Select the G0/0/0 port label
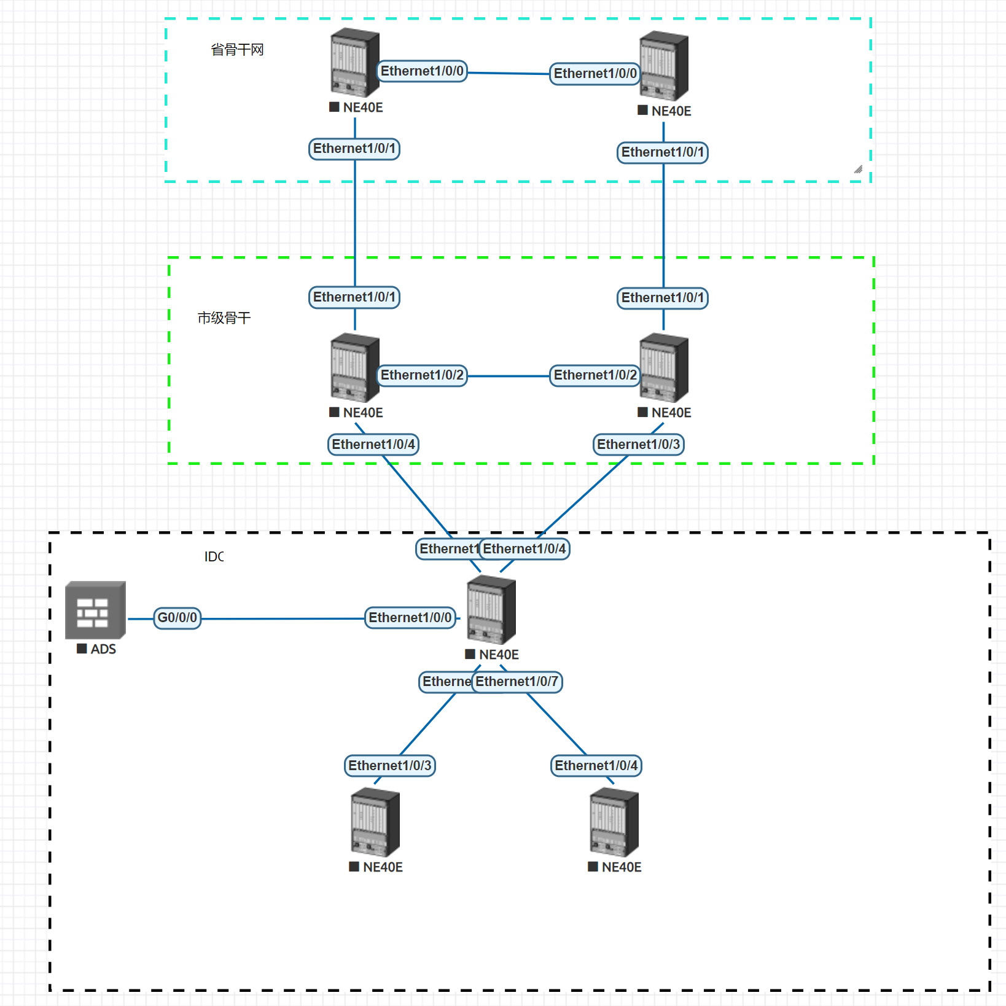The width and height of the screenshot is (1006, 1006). click(x=177, y=617)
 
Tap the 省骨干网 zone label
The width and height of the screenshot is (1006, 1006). click(x=237, y=50)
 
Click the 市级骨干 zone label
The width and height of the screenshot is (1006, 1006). click(x=224, y=318)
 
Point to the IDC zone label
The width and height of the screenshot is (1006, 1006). click(x=214, y=556)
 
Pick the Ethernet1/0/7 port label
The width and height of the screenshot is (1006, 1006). click(x=517, y=681)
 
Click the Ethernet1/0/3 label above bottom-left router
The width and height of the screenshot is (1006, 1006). click(x=389, y=765)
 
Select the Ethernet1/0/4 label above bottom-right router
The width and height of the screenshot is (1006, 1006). click(x=596, y=765)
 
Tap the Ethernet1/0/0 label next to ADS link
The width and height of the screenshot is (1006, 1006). click(x=410, y=617)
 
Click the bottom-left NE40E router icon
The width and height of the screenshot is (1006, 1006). click(x=375, y=823)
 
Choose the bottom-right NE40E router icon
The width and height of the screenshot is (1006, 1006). click(x=614, y=823)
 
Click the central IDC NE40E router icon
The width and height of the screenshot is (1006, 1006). click(x=491, y=610)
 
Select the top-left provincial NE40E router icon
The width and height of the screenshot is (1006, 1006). click(x=354, y=63)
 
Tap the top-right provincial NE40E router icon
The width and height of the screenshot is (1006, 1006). click(x=663, y=66)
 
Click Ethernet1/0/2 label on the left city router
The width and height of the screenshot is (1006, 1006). click(x=422, y=375)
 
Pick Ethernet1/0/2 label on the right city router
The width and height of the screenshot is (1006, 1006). click(x=595, y=375)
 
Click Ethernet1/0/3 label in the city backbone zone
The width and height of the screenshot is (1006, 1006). click(x=638, y=444)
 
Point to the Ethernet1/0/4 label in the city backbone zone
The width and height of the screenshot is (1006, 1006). click(x=373, y=444)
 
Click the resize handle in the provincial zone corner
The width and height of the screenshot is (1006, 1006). click(x=858, y=170)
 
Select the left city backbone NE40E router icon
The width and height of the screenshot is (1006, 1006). click(x=354, y=367)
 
